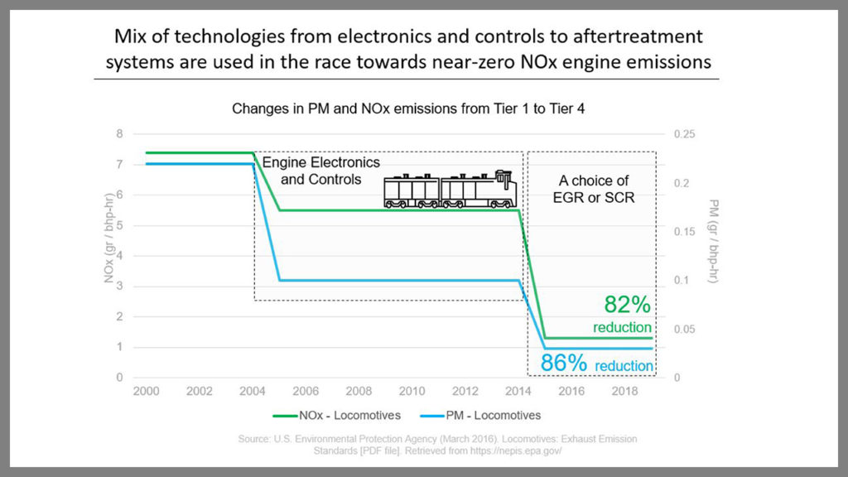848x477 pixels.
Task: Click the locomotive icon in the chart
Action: pos(450,190)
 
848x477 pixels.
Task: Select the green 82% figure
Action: pos(623,303)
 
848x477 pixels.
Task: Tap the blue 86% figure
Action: pos(565,363)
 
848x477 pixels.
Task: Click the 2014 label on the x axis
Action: pos(519,391)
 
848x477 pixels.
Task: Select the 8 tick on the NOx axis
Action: pos(119,134)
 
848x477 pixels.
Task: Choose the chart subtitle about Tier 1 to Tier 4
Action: pos(407,108)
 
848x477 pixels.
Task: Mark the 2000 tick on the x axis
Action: pos(147,391)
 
